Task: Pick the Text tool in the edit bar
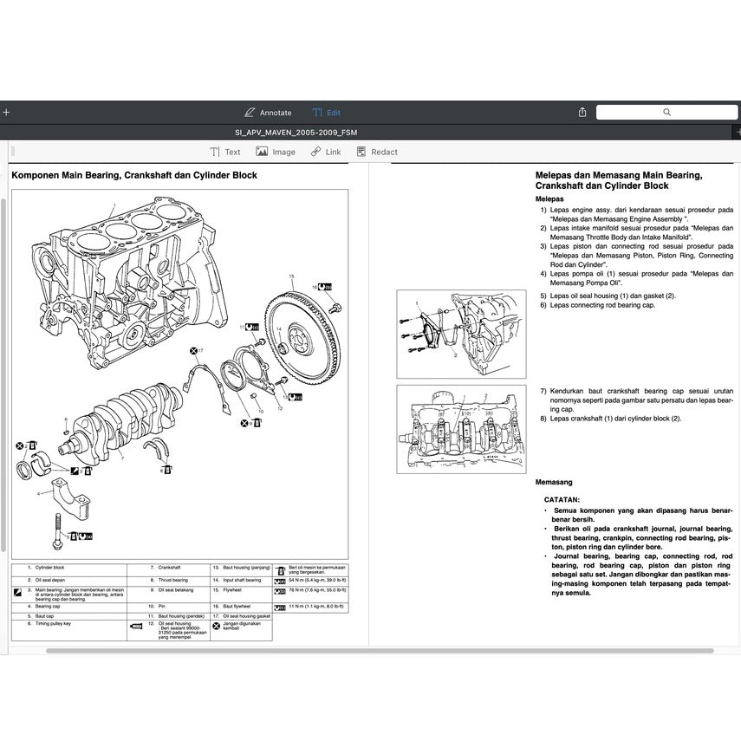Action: [225, 152]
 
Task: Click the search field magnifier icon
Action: [666, 113]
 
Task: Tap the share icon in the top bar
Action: [582, 113]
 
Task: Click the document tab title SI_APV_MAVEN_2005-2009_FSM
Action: [296, 133]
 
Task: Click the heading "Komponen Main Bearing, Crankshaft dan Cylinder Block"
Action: [134, 175]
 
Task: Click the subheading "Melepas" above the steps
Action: [549, 198]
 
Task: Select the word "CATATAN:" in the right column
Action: [562, 500]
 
